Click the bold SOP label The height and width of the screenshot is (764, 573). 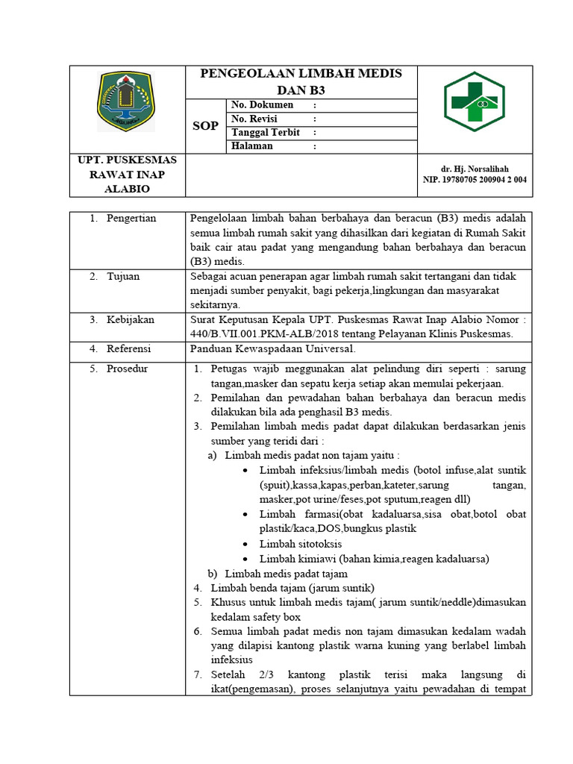point(205,126)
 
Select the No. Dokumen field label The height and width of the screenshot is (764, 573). point(262,106)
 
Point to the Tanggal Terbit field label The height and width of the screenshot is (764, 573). point(266,133)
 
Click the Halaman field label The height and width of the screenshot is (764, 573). point(252,146)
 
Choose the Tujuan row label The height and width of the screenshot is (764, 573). point(125,276)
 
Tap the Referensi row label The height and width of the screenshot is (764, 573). point(128,348)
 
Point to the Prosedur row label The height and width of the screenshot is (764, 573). point(127,369)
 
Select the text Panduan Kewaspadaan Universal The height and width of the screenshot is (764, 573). point(272,348)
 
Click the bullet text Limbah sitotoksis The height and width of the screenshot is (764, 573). point(301,544)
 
